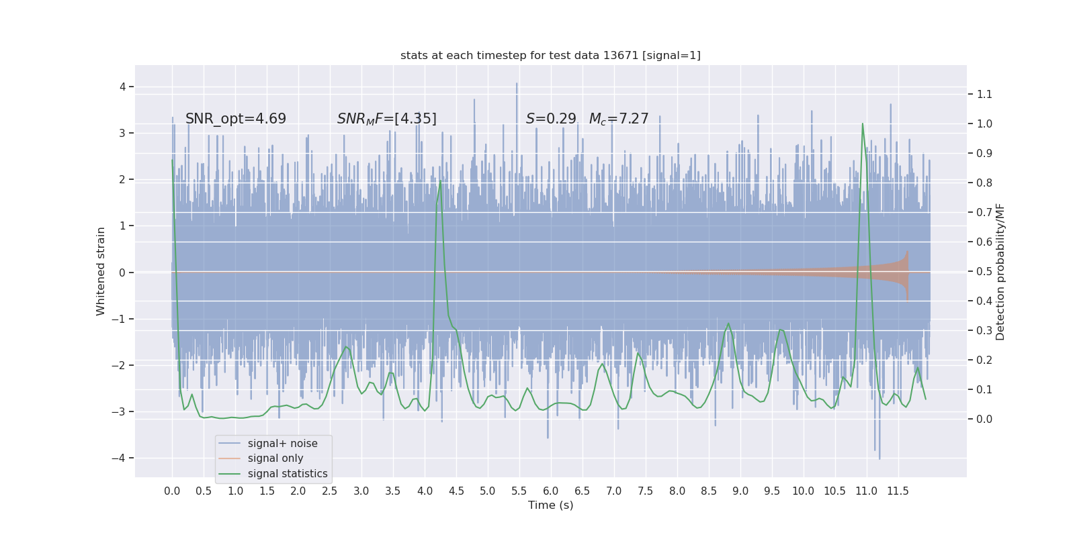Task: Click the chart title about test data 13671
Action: coord(550,56)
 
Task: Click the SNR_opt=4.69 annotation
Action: coord(236,119)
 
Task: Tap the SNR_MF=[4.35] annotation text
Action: coord(387,119)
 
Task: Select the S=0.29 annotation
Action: coord(551,119)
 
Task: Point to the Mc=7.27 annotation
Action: coord(619,119)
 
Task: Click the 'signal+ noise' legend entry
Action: coord(282,444)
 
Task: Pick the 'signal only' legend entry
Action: coord(275,458)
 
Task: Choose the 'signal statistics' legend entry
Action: coord(288,474)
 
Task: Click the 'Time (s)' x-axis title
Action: coord(550,505)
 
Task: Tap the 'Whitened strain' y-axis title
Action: coord(101,271)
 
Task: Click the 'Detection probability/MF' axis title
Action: coord(1000,271)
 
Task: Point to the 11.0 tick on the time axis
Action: coord(866,491)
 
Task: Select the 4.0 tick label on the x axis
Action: coord(425,491)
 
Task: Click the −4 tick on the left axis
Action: coord(122,458)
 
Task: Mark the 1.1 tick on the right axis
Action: coord(984,95)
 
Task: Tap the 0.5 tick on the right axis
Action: coord(984,272)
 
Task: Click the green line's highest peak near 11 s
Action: coord(863,124)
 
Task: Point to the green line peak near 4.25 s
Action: coord(441,181)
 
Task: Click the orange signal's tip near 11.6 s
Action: coord(908,252)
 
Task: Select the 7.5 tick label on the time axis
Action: coord(646,491)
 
